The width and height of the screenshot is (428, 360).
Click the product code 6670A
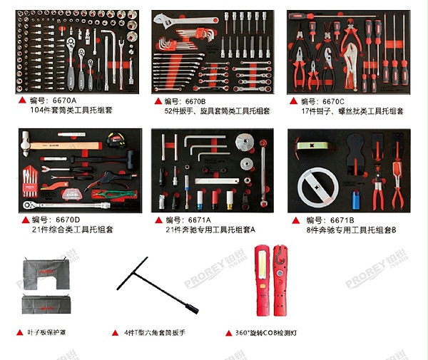click(64, 101)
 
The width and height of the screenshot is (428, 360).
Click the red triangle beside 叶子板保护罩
click(21, 333)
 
